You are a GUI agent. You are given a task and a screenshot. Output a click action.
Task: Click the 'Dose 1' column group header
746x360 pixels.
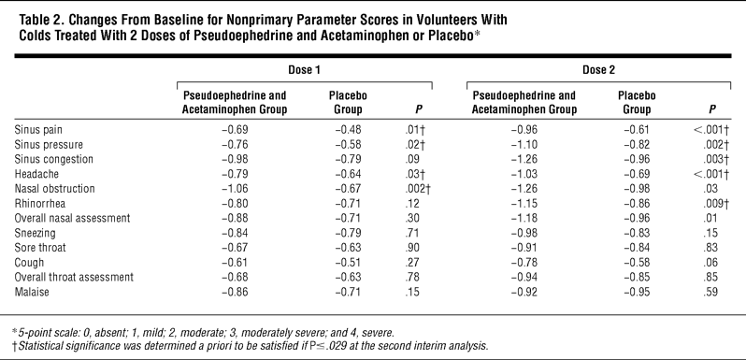(304, 70)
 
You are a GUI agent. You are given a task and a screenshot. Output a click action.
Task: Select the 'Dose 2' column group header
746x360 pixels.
(598, 70)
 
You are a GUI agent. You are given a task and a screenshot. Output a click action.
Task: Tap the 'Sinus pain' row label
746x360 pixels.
(38, 130)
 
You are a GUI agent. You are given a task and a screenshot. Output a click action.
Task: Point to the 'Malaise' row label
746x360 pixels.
(32, 292)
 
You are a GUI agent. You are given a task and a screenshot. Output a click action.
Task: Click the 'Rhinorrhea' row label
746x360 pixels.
(39, 203)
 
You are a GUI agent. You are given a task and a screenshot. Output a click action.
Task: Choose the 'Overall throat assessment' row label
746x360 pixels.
(74, 277)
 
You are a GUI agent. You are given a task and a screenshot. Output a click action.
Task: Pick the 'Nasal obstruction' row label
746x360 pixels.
(54, 189)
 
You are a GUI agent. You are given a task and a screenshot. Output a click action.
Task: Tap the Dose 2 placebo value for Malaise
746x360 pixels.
(637, 292)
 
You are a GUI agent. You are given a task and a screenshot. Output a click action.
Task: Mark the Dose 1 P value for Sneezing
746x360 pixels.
(412, 233)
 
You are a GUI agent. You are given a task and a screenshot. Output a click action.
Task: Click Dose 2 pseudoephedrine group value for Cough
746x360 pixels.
(524, 263)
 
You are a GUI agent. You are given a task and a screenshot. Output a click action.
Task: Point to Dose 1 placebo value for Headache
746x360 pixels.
(348, 174)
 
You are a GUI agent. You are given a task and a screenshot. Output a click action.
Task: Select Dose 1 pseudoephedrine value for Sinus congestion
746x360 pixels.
(235, 159)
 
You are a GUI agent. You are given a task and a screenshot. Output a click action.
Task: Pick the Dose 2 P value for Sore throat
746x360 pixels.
(711, 248)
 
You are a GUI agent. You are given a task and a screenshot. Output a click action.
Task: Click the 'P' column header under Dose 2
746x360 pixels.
(712, 109)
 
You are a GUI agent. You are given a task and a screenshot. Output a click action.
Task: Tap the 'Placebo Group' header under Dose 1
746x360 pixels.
(348, 102)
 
